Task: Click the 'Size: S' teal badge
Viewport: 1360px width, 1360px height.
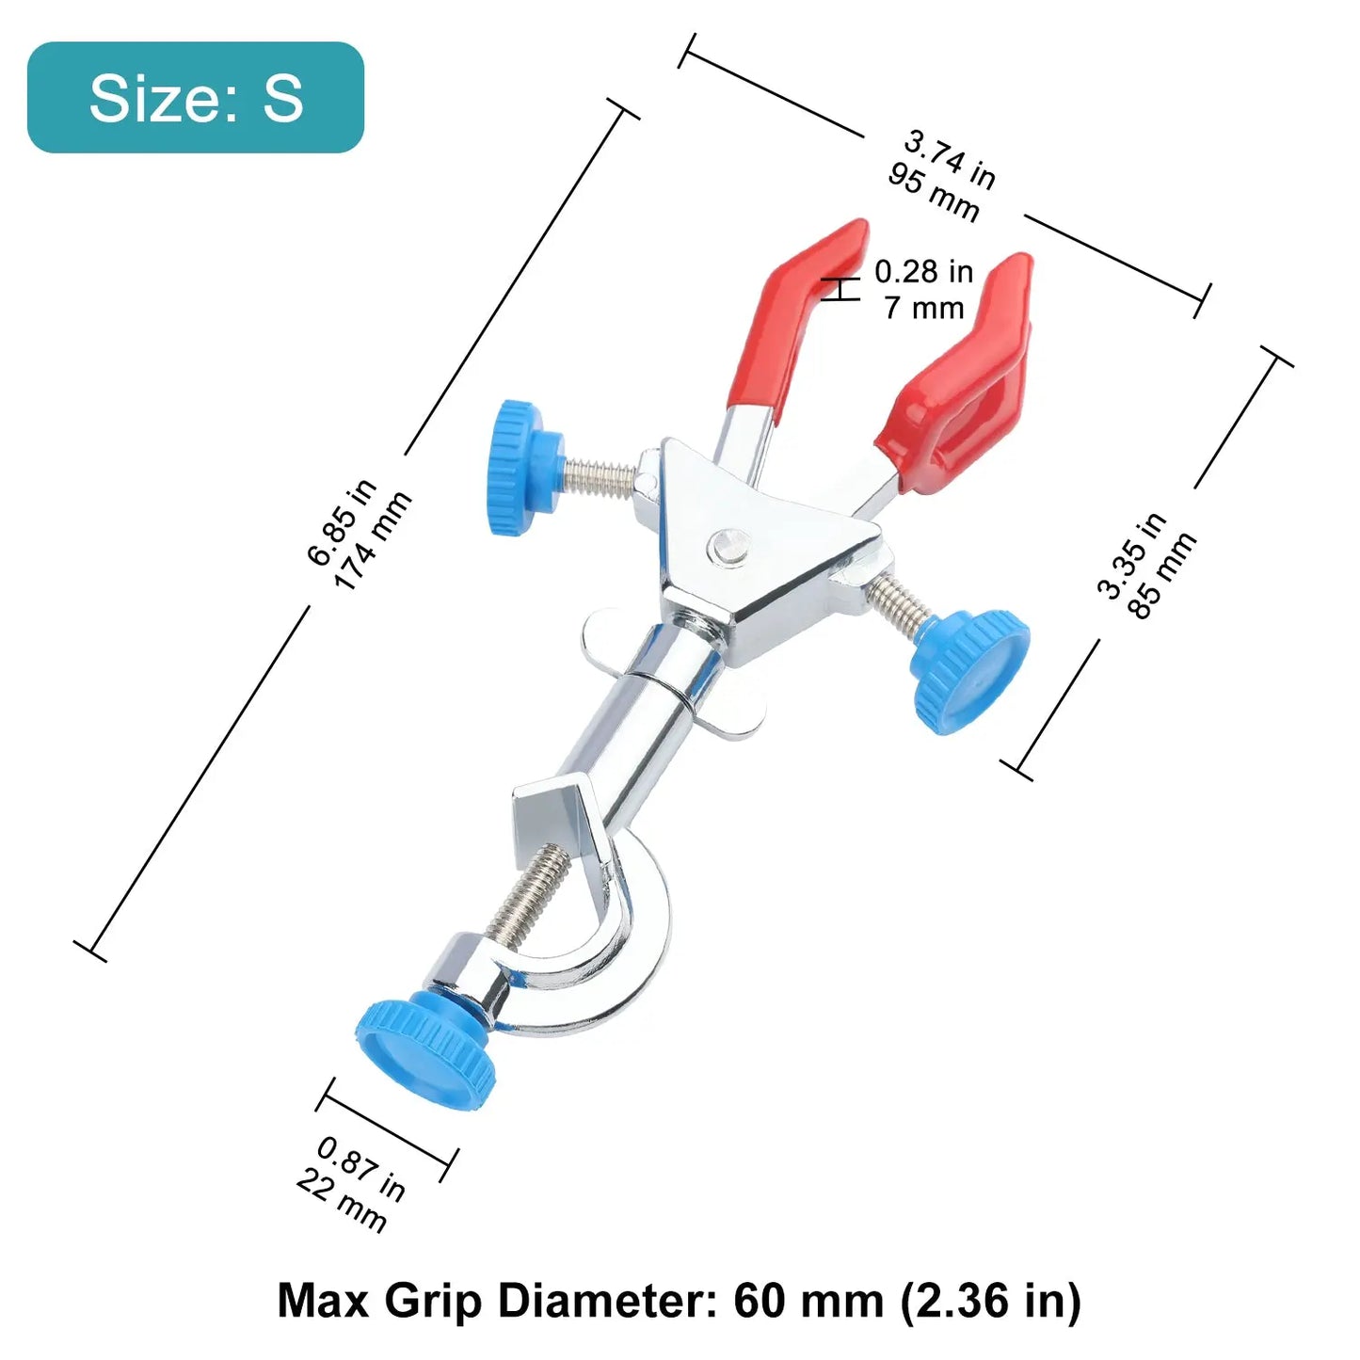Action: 196,97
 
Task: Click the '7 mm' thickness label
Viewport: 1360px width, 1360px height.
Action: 924,309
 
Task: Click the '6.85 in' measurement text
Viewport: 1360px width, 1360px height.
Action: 343,522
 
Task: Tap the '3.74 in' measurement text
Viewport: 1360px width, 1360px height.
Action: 950,162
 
